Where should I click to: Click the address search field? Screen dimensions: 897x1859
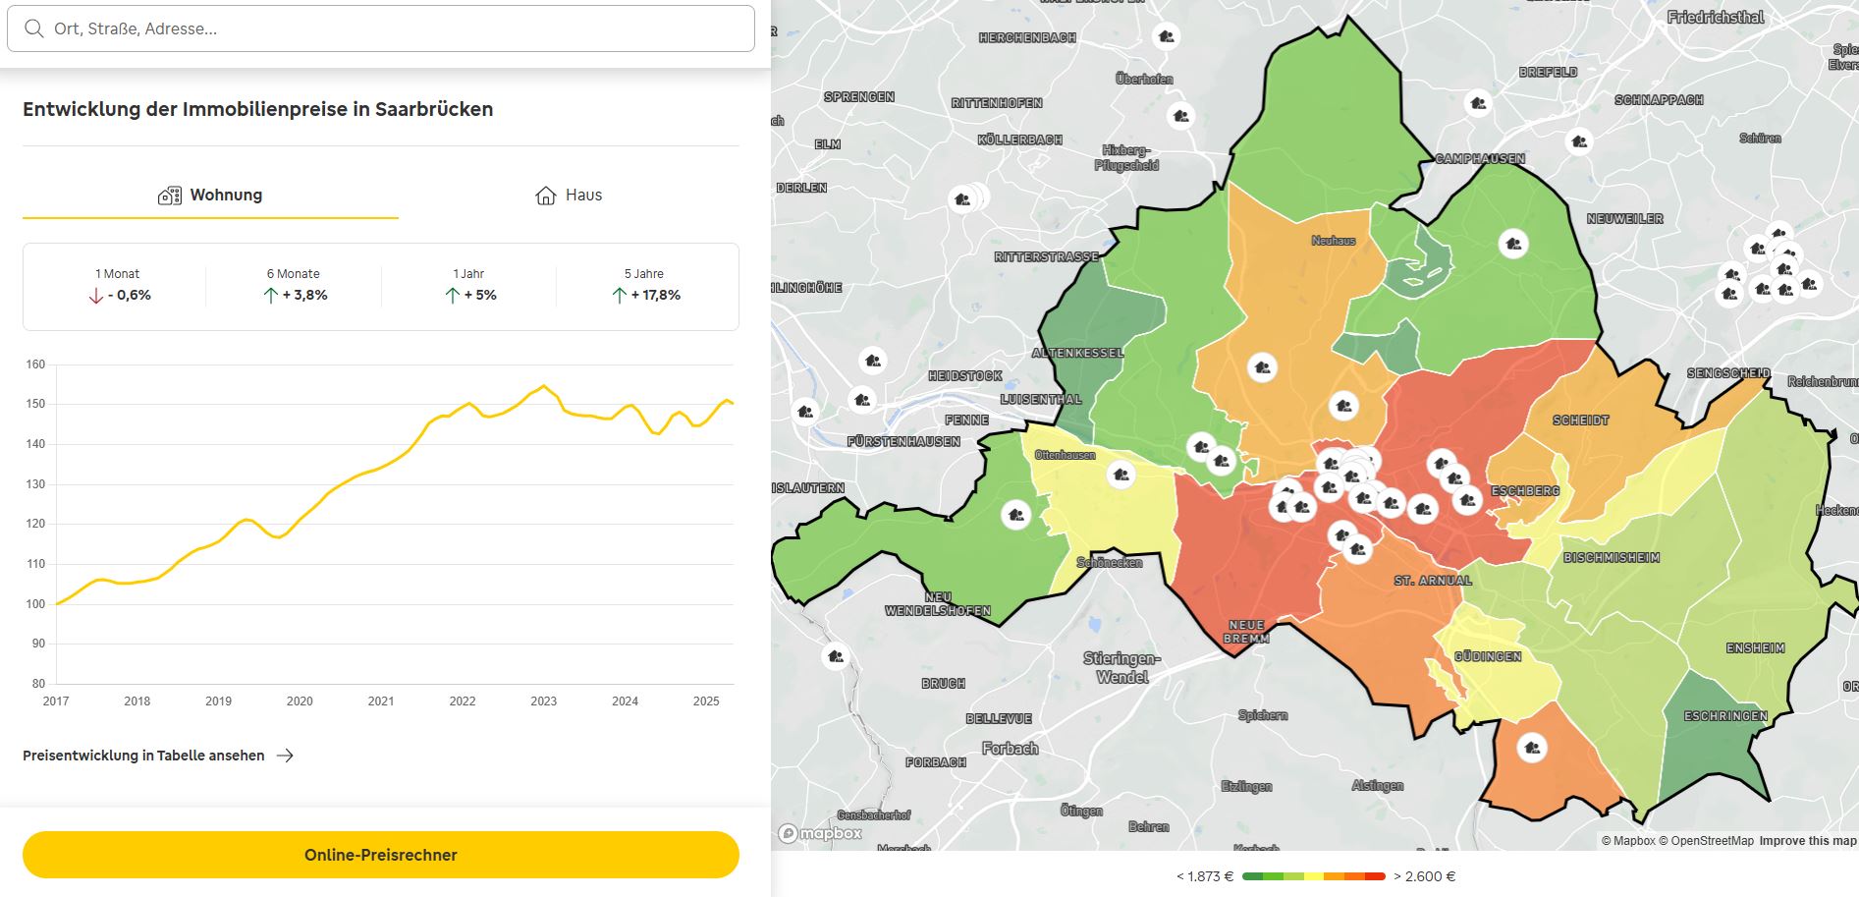393,28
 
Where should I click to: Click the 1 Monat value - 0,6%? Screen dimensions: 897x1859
129,295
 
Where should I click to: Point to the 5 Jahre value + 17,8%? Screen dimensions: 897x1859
655,295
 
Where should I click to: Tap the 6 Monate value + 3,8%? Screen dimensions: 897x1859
304,295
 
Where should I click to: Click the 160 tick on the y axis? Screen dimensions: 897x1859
35,364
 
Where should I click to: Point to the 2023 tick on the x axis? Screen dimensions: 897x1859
543,701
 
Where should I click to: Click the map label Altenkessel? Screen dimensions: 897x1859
1077,353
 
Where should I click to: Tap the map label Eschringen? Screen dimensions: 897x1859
1725,716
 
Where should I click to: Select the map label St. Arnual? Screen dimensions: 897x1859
1433,581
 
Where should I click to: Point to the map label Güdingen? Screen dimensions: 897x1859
1488,656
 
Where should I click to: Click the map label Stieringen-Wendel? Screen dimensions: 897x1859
1121,667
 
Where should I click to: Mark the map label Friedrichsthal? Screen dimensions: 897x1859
1716,17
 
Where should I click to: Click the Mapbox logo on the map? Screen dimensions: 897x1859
821,833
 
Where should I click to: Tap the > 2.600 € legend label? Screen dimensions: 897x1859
1424,876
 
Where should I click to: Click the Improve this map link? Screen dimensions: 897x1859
1807,841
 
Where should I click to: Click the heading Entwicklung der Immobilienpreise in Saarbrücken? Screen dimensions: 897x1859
257,109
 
